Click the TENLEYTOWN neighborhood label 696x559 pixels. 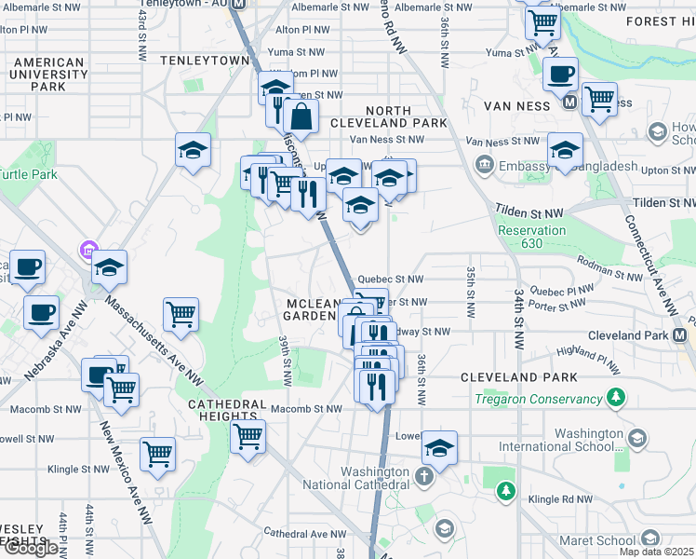(205, 60)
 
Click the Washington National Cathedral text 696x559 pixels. (375, 478)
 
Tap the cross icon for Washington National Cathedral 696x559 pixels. (424, 478)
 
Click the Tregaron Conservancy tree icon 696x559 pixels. (614, 399)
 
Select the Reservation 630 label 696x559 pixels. (531, 237)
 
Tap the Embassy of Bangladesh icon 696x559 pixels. (484, 166)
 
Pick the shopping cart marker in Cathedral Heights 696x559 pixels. (248, 435)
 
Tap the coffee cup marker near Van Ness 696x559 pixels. (560, 74)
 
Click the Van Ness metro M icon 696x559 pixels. (569, 103)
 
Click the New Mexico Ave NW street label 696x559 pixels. (126, 475)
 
